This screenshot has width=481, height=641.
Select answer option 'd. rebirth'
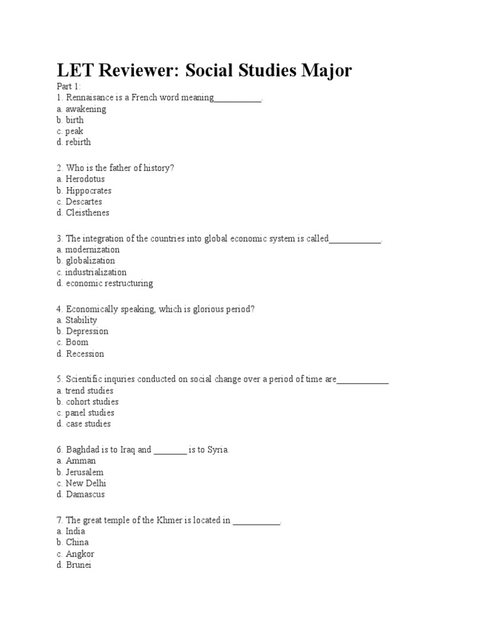coord(73,142)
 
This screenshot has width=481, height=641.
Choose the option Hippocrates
coord(83,190)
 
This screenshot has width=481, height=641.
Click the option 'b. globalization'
coord(85,261)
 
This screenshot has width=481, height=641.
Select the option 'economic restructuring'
coord(104,284)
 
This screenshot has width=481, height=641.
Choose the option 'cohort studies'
coord(87,402)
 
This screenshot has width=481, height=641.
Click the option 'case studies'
coord(83,424)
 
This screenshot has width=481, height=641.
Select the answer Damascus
coord(80,495)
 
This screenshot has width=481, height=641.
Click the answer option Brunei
coord(73,565)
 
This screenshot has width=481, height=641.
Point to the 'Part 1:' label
coord(68,87)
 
